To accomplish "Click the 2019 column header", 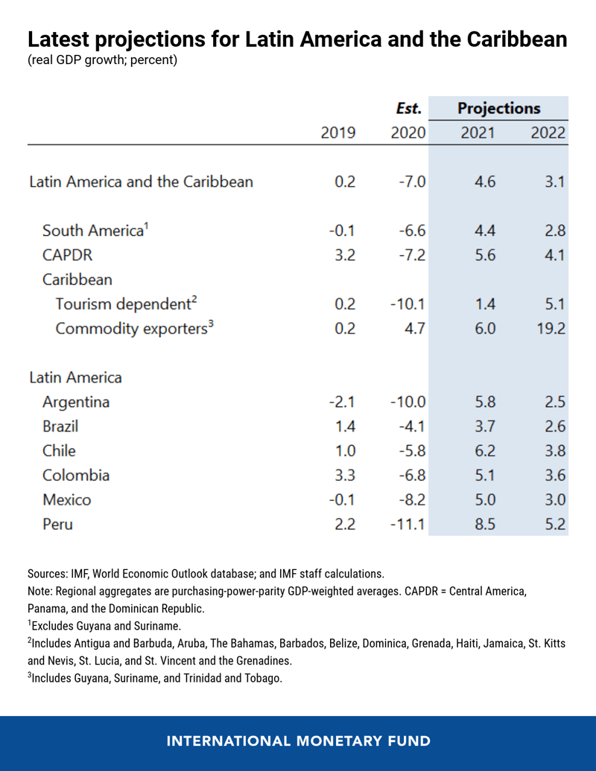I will (x=337, y=133).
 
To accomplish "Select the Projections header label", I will (x=498, y=108).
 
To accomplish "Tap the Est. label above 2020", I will (x=409, y=108).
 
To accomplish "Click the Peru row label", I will (x=57, y=524).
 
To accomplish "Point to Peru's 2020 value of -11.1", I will (x=407, y=524).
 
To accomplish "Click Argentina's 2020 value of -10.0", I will (x=407, y=402).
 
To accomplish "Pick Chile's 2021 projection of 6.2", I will (x=485, y=451).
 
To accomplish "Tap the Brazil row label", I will (x=60, y=426).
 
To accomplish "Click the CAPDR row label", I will (x=67, y=255).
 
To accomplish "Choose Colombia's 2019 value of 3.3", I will (x=343, y=475).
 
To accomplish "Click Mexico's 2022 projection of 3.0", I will (x=555, y=499).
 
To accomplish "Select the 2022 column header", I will (x=548, y=133).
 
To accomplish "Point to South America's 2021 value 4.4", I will (x=485, y=231).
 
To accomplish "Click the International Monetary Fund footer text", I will (x=298, y=741).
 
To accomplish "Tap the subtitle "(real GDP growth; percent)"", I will (x=103, y=60).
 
